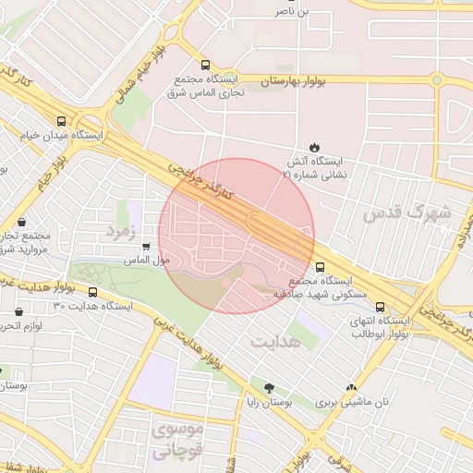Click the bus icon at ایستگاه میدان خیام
click(x=62, y=121)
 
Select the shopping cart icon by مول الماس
click(x=146, y=246)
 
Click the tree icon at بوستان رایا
click(x=270, y=388)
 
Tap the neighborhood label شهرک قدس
click(x=407, y=213)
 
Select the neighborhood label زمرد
click(x=121, y=227)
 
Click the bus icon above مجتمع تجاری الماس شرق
click(x=204, y=66)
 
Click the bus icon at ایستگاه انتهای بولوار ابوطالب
click(x=382, y=306)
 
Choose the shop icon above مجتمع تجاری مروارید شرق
click(x=21, y=223)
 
